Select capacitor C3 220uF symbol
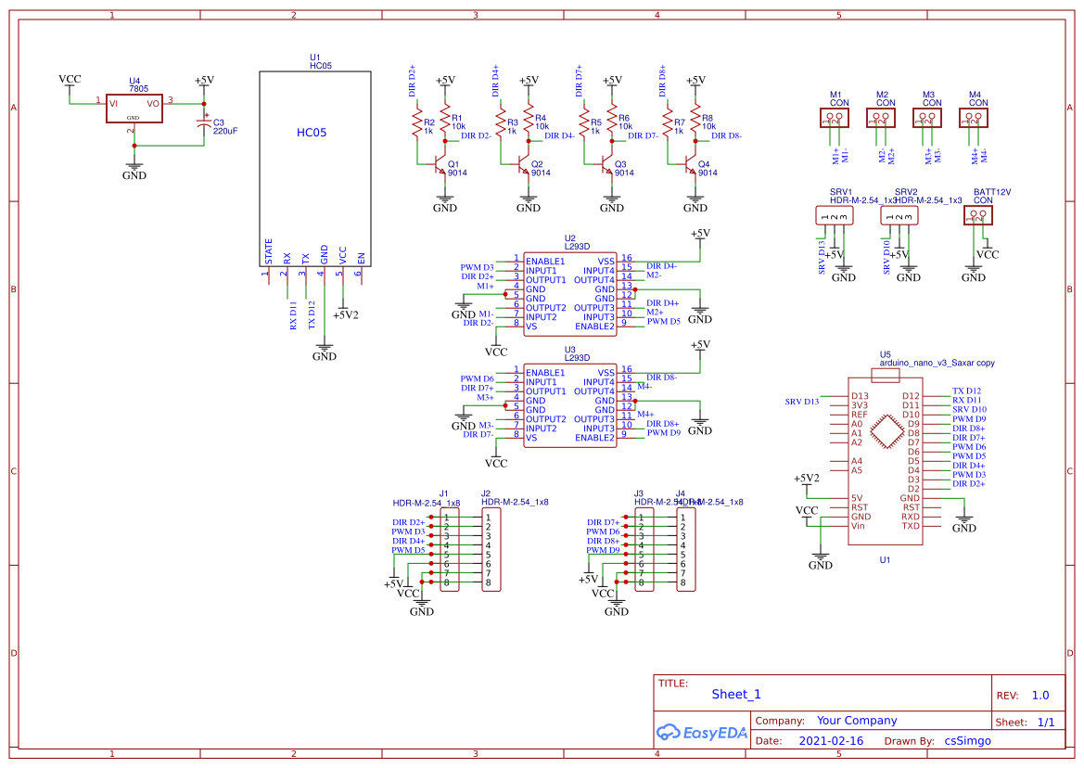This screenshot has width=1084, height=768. (205, 122)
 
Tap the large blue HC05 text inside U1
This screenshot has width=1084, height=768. (312, 133)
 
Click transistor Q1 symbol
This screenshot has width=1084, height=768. (439, 166)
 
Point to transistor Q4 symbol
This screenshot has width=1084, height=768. (689, 166)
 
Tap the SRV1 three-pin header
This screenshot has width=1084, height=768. (835, 216)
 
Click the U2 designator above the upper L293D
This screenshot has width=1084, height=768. (569, 238)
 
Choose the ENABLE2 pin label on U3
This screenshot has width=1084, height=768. (594, 437)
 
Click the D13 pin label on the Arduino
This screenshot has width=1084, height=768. (859, 396)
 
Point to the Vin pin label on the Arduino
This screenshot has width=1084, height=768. (858, 526)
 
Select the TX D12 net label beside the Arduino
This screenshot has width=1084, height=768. (966, 391)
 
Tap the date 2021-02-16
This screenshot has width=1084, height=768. (831, 741)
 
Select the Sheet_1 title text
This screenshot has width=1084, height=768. (736, 694)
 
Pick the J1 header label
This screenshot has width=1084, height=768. (443, 493)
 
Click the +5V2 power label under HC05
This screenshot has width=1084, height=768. (345, 315)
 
